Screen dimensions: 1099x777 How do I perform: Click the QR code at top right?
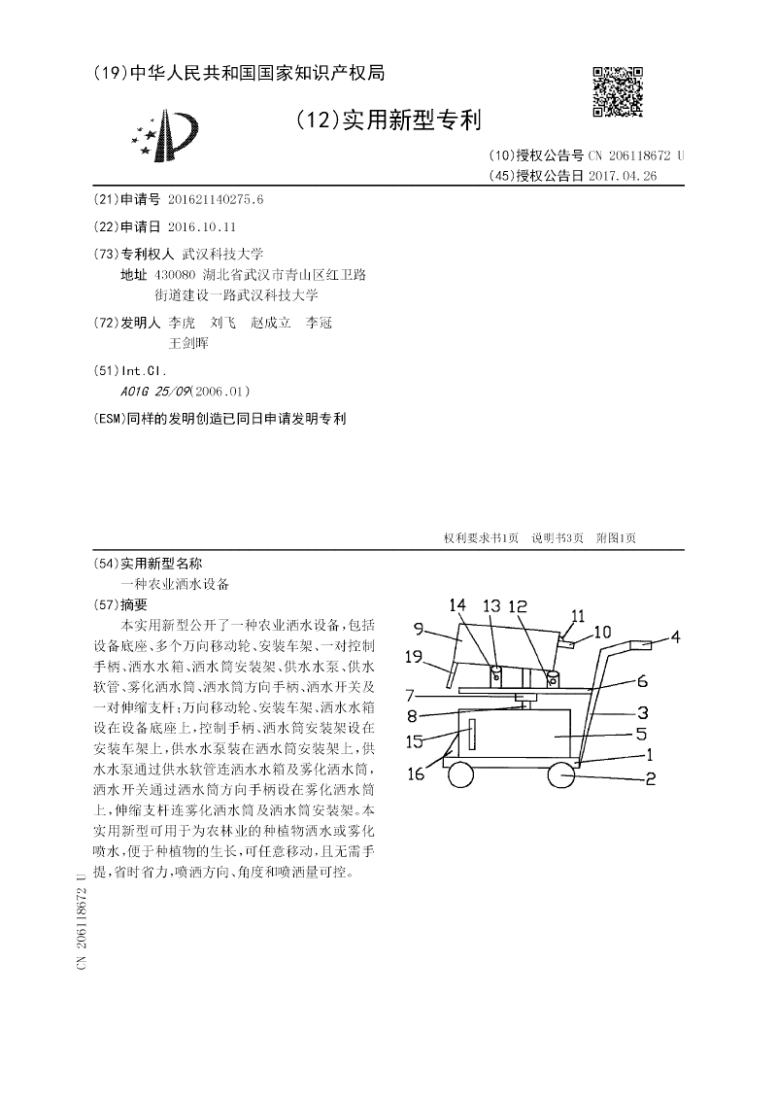(x=617, y=91)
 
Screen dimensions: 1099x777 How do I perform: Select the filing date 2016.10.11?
(x=201, y=225)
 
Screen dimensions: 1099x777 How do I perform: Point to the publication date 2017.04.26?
(x=623, y=176)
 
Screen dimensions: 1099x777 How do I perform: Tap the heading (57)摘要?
(x=119, y=603)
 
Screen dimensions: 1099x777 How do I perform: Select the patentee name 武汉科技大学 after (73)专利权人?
(x=216, y=252)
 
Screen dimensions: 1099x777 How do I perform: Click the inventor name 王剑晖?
(x=188, y=343)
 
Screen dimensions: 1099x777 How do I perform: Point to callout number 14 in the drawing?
(x=457, y=605)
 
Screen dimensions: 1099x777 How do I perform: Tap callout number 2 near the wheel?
(x=650, y=777)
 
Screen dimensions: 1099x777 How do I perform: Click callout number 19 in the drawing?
(x=412, y=657)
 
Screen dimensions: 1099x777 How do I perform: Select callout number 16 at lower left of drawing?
(x=415, y=774)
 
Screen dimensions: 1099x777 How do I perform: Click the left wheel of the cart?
(x=459, y=775)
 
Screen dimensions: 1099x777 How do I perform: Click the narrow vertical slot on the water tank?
(x=473, y=734)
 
